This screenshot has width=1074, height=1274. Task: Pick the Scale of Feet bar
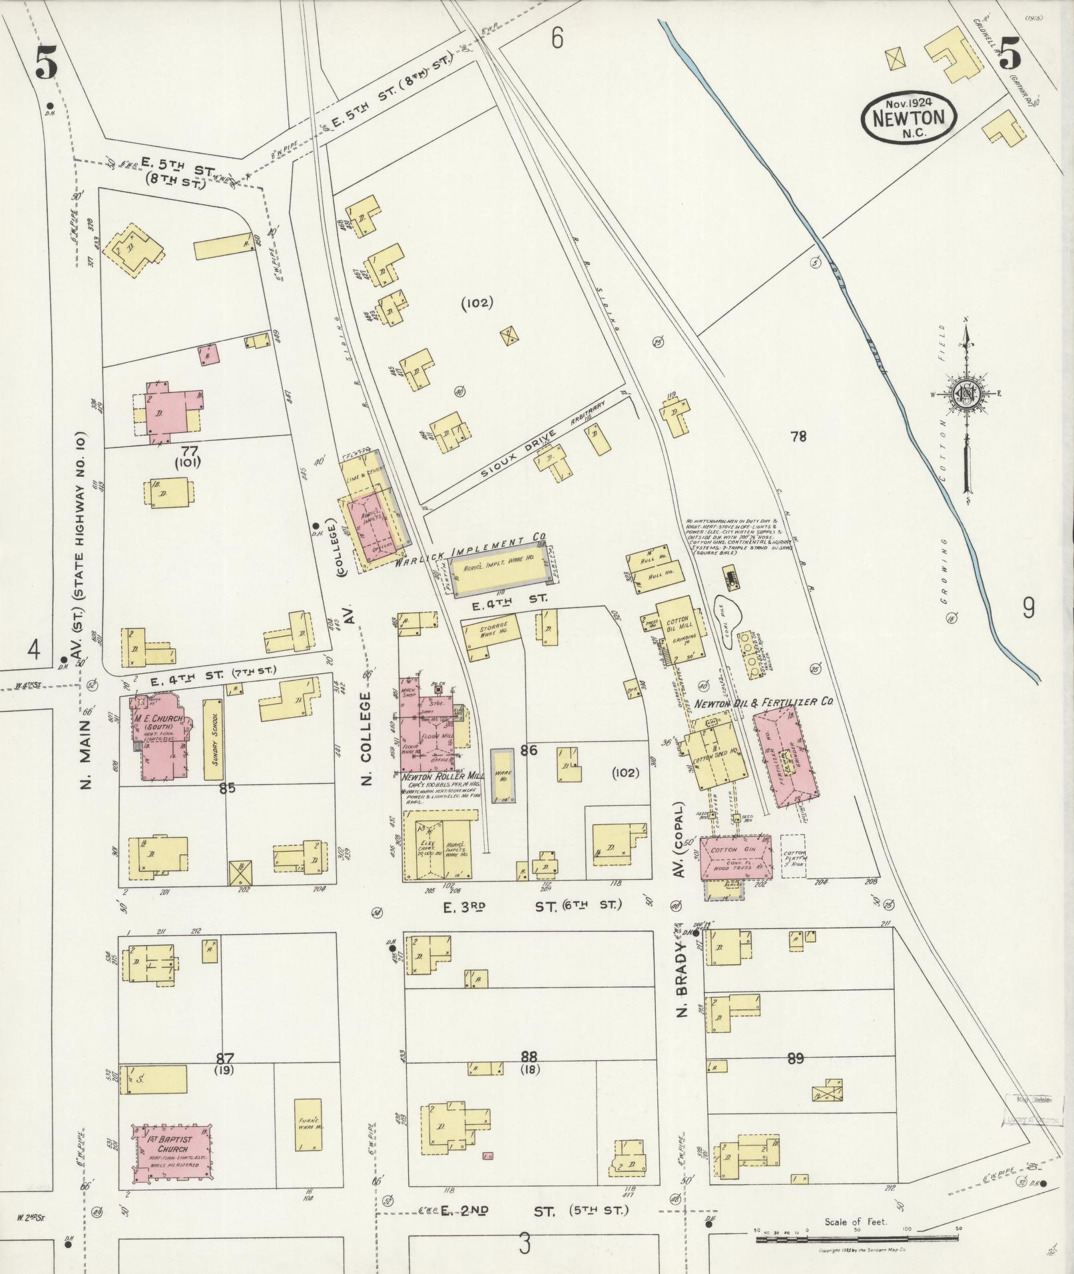[856, 1239]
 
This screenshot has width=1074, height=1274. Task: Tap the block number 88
[529, 1056]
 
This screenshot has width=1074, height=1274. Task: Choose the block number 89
[796, 1058]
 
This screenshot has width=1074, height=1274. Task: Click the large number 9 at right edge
[1028, 608]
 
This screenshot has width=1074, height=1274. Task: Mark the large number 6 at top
[557, 40]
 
